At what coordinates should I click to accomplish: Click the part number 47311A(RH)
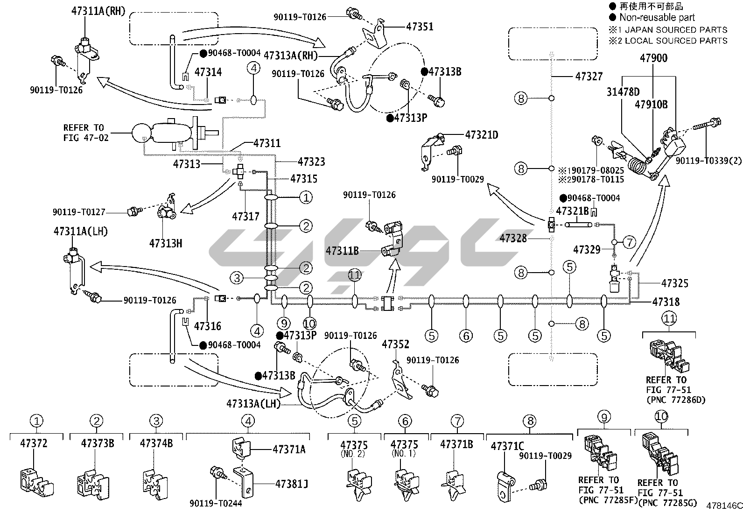point(98,12)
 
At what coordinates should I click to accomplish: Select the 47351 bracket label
point(420,27)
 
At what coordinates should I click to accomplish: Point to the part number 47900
point(653,58)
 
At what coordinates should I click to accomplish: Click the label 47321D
point(482,135)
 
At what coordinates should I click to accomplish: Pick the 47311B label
point(343,251)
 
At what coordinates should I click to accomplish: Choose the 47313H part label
point(166,243)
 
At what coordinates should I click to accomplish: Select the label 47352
point(395,344)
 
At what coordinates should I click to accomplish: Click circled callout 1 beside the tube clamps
point(306,197)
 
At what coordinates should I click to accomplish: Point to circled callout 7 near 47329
point(629,242)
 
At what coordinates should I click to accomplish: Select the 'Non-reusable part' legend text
point(657,18)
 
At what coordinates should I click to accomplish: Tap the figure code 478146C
point(724,506)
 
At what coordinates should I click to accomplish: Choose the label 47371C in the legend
point(507,446)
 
